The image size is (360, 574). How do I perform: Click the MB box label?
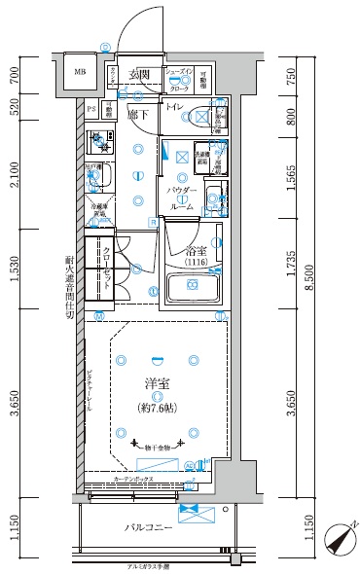click(79, 72)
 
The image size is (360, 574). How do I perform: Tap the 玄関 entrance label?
click(139, 74)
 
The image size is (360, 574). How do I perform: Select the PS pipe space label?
click(91, 111)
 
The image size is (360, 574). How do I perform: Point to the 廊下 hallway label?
click(137, 114)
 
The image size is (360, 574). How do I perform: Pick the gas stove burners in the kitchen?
click(98, 145)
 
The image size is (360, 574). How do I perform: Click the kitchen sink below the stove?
click(98, 177)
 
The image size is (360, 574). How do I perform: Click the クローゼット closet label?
click(105, 265)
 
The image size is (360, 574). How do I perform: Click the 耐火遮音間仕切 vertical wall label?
click(69, 286)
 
